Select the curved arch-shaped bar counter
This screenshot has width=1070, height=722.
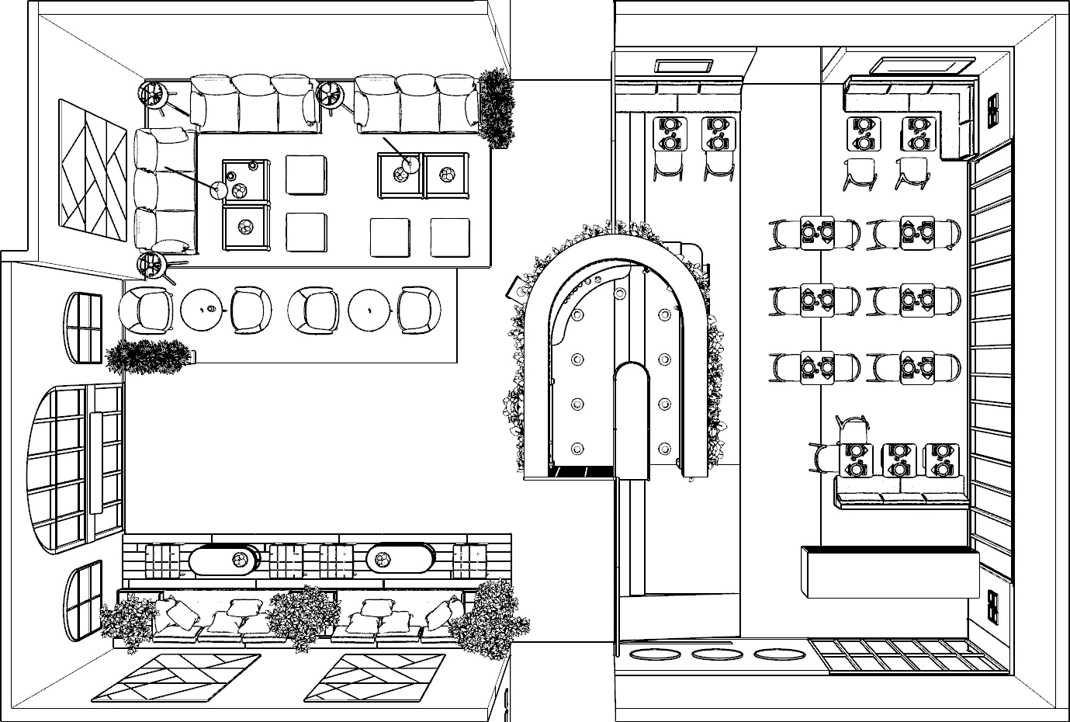coord(536,349)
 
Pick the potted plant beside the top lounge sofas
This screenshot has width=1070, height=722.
coord(495,107)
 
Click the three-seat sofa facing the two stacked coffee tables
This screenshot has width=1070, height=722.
coord(164,190)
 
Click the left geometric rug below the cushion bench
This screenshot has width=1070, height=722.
coord(176,677)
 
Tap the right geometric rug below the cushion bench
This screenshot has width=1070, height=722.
coord(374,677)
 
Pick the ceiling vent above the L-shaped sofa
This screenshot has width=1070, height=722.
coord(921,65)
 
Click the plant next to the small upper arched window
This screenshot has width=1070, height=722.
coord(148,357)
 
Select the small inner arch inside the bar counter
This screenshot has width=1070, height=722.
coord(631,419)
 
